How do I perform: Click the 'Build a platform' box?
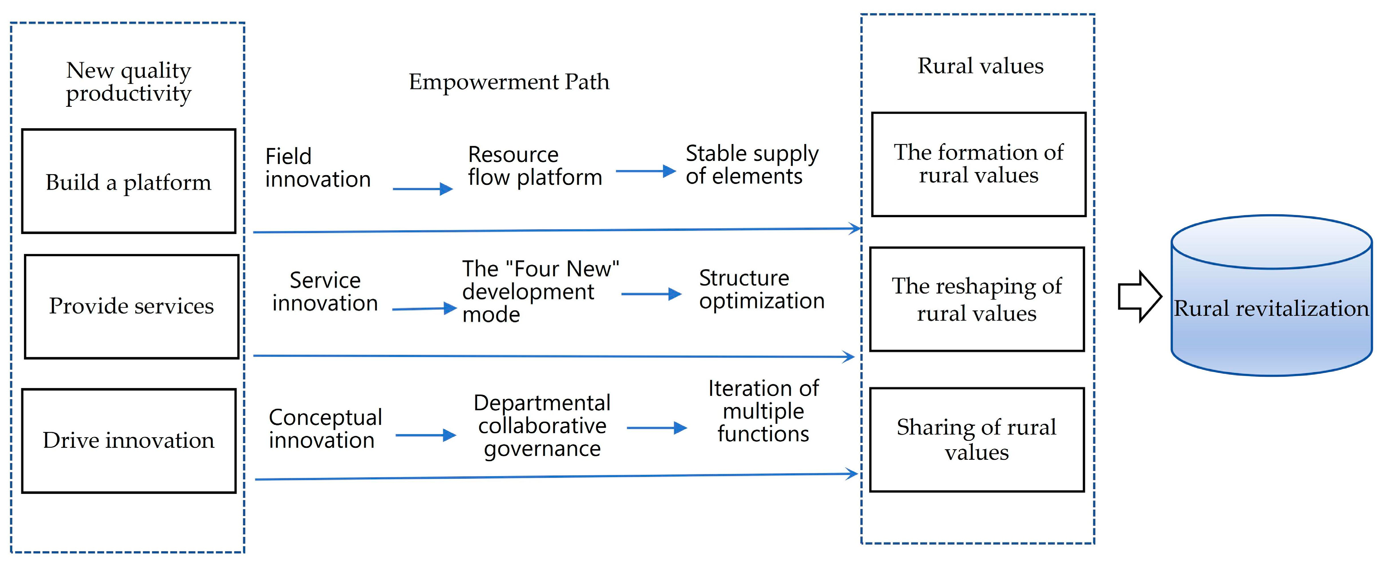[x=128, y=181]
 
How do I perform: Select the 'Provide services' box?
[x=132, y=306]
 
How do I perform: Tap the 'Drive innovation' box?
[x=128, y=441]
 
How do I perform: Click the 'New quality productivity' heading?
[x=128, y=82]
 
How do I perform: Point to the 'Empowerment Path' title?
[x=509, y=82]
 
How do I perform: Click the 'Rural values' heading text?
[x=980, y=66]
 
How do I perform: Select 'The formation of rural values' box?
[x=978, y=164]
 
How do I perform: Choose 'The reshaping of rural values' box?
[x=977, y=299]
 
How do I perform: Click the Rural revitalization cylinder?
[x=1271, y=301]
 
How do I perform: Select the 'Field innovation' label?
[x=317, y=168]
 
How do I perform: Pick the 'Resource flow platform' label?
[x=534, y=166]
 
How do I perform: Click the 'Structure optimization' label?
[x=761, y=290]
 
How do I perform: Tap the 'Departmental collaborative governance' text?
[x=542, y=426]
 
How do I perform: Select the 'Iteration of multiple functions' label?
[x=763, y=411]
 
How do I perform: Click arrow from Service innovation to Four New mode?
[x=424, y=309]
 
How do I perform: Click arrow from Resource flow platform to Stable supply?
[x=645, y=171]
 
